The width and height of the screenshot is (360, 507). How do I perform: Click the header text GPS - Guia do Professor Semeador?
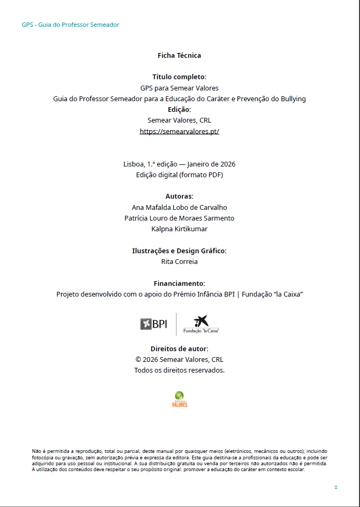(x=71, y=25)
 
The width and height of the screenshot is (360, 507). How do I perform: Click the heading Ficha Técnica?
(x=179, y=55)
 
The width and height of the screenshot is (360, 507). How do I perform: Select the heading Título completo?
(x=179, y=77)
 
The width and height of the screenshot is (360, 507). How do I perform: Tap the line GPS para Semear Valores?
(x=179, y=88)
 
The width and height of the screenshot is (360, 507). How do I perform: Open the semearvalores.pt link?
(x=179, y=131)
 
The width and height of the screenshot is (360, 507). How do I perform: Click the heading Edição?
(x=179, y=109)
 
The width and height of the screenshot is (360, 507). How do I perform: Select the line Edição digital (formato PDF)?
(x=179, y=175)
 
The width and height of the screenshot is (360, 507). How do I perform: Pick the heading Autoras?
(x=179, y=196)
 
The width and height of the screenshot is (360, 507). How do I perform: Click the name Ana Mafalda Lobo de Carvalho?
(x=179, y=207)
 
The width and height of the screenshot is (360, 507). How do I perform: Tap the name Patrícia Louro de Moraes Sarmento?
(x=179, y=218)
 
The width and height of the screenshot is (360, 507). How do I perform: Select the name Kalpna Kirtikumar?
(x=179, y=229)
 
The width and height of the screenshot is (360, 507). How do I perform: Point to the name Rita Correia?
(x=179, y=262)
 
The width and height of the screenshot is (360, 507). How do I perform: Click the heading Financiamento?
(x=179, y=283)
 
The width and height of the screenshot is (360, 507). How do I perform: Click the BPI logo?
(x=154, y=324)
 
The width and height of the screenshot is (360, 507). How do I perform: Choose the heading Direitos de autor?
(x=179, y=349)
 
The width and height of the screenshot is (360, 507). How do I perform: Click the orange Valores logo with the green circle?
(x=180, y=399)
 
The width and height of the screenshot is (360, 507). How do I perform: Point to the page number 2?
(x=335, y=487)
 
